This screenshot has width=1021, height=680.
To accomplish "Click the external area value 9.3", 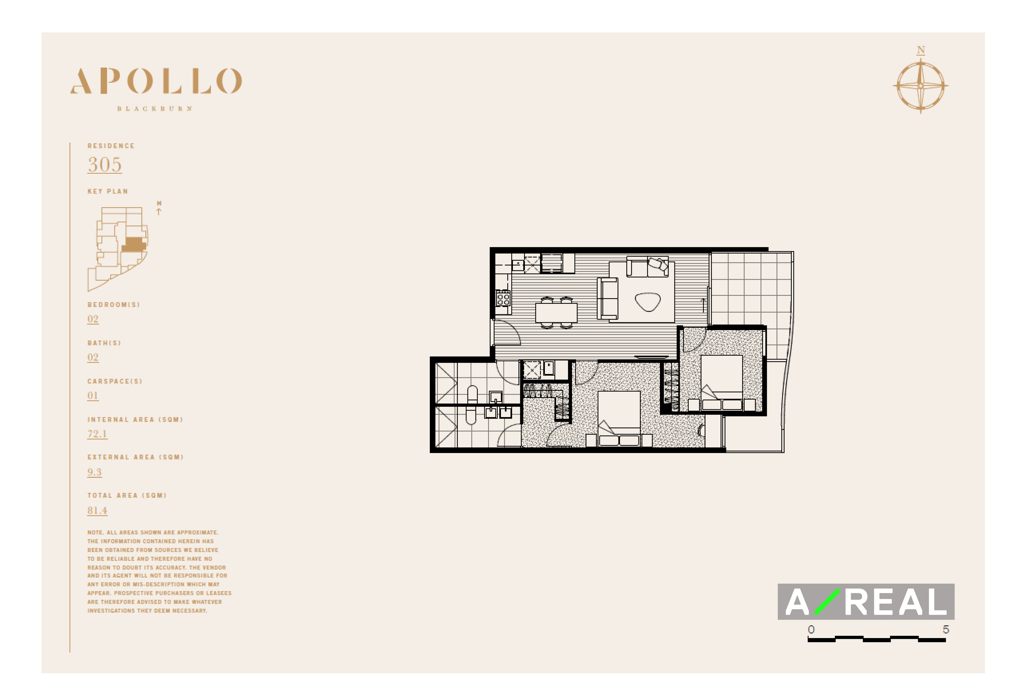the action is (95, 472).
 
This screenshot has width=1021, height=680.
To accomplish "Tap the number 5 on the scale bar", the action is (946, 629).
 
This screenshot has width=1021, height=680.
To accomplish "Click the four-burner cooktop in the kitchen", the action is (503, 298).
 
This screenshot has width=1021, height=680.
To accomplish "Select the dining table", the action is (556, 313).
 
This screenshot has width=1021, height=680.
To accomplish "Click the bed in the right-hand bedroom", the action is (722, 383).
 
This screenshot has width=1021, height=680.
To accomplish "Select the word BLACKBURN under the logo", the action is (155, 108).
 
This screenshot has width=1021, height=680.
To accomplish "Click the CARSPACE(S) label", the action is (115, 381).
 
